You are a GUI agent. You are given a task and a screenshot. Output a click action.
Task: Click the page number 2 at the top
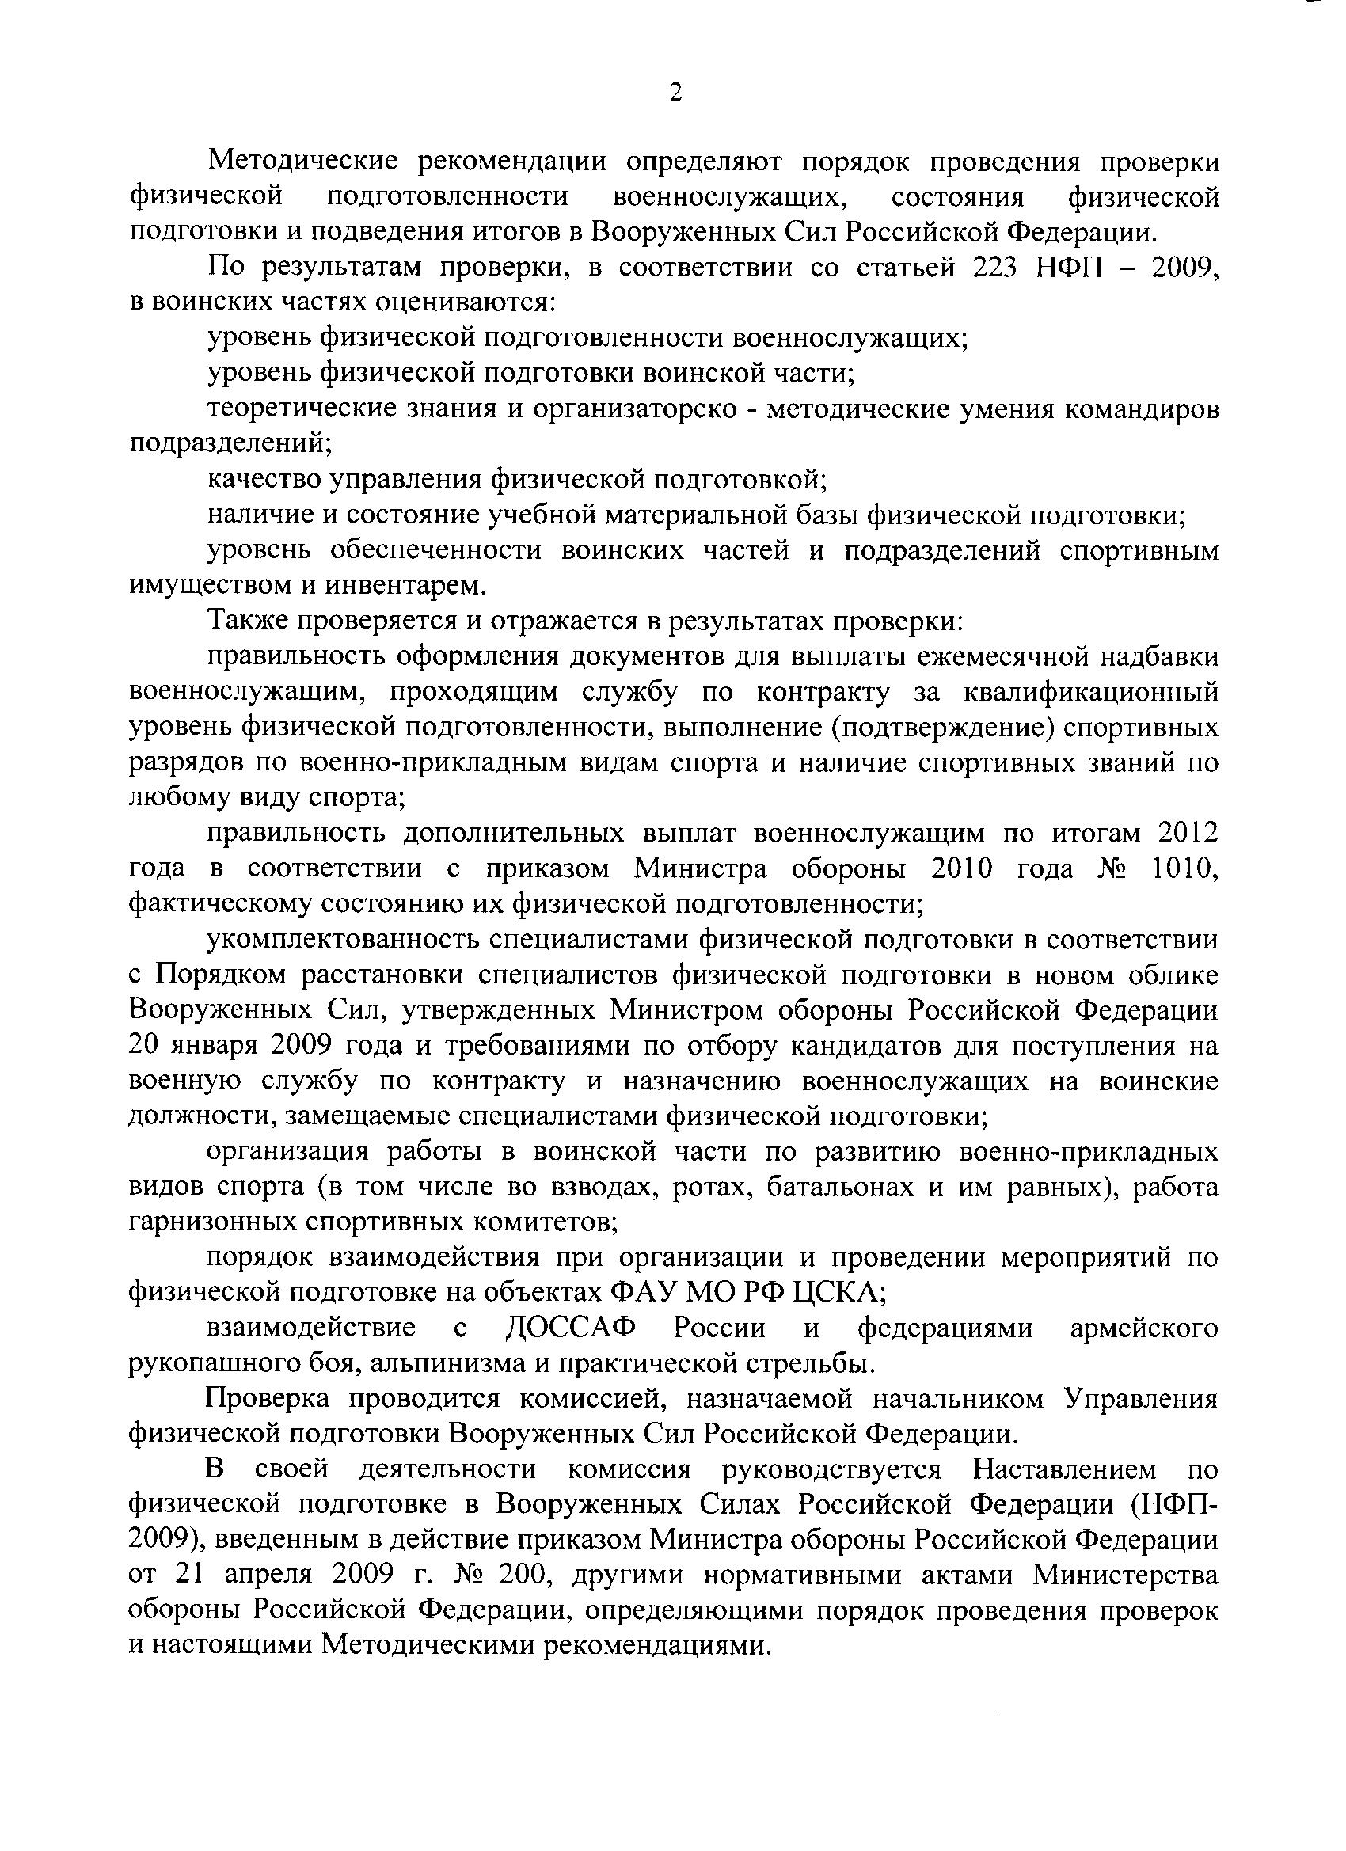coord(675,92)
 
